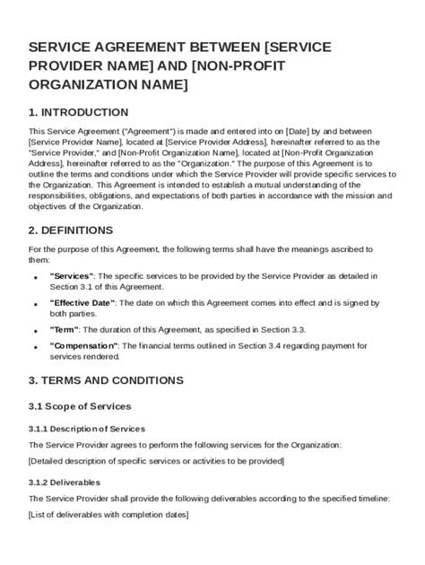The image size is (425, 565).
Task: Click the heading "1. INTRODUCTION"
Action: click(78, 112)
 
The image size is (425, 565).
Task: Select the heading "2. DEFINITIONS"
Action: click(72, 230)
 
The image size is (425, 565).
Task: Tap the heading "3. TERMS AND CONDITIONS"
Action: click(106, 380)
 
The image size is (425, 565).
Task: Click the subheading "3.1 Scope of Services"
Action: click(80, 406)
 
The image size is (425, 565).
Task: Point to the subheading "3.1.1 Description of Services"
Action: click(86, 429)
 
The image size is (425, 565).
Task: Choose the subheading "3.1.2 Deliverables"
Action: click(65, 482)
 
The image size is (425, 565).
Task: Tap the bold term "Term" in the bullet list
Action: click(64, 330)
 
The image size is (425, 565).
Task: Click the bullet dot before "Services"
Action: click(35, 277)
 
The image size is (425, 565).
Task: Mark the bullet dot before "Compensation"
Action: click(35, 347)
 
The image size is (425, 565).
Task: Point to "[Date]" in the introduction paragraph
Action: click(298, 131)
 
